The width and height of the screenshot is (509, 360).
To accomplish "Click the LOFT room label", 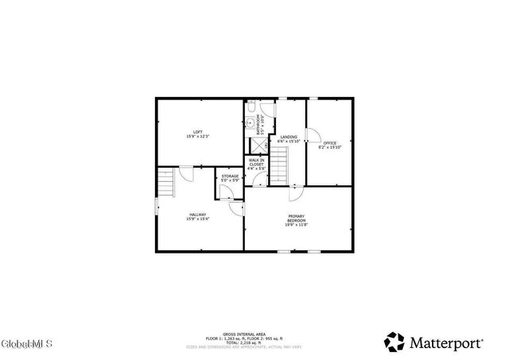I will pyautogui.click(x=197, y=131).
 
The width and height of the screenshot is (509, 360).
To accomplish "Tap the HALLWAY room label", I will pyautogui.click(x=197, y=214).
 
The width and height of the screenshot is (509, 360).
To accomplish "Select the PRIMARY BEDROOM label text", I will pyautogui.click(x=296, y=219).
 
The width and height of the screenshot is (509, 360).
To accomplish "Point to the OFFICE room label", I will pyautogui.click(x=329, y=142).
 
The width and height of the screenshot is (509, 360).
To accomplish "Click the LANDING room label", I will pyautogui.click(x=289, y=137).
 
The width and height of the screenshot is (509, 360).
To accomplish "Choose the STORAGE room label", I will pyautogui.click(x=230, y=176).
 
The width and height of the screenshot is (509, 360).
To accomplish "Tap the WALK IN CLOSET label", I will pyautogui.click(x=256, y=162).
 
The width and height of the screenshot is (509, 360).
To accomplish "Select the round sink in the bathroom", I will pyautogui.click(x=249, y=123).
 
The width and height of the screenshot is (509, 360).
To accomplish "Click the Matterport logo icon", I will pyautogui.click(x=395, y=342).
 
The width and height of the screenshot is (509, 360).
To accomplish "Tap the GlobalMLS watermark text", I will pyautogui.click(x=26, y=344).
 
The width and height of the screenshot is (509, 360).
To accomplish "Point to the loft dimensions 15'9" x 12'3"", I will pyautogui.click(x=197, y=137).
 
